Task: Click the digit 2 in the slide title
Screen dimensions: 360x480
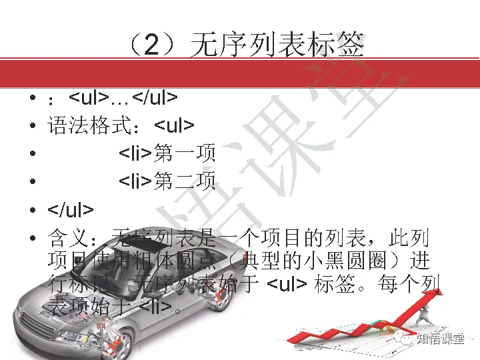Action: point(153,45)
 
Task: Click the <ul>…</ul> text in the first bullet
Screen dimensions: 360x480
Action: point(123,98)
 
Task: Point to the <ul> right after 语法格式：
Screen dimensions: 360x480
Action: point(174,126)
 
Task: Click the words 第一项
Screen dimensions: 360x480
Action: point(185,153)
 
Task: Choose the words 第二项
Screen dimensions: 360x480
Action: point(185,181)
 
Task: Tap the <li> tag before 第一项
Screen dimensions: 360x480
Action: point(136,153)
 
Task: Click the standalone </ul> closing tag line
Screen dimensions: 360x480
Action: point(71,209)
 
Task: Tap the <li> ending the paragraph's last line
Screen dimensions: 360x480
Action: point(156,307)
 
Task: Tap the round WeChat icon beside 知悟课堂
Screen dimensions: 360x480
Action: point(406,339)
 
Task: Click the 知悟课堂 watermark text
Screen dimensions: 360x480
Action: point(440,339)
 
